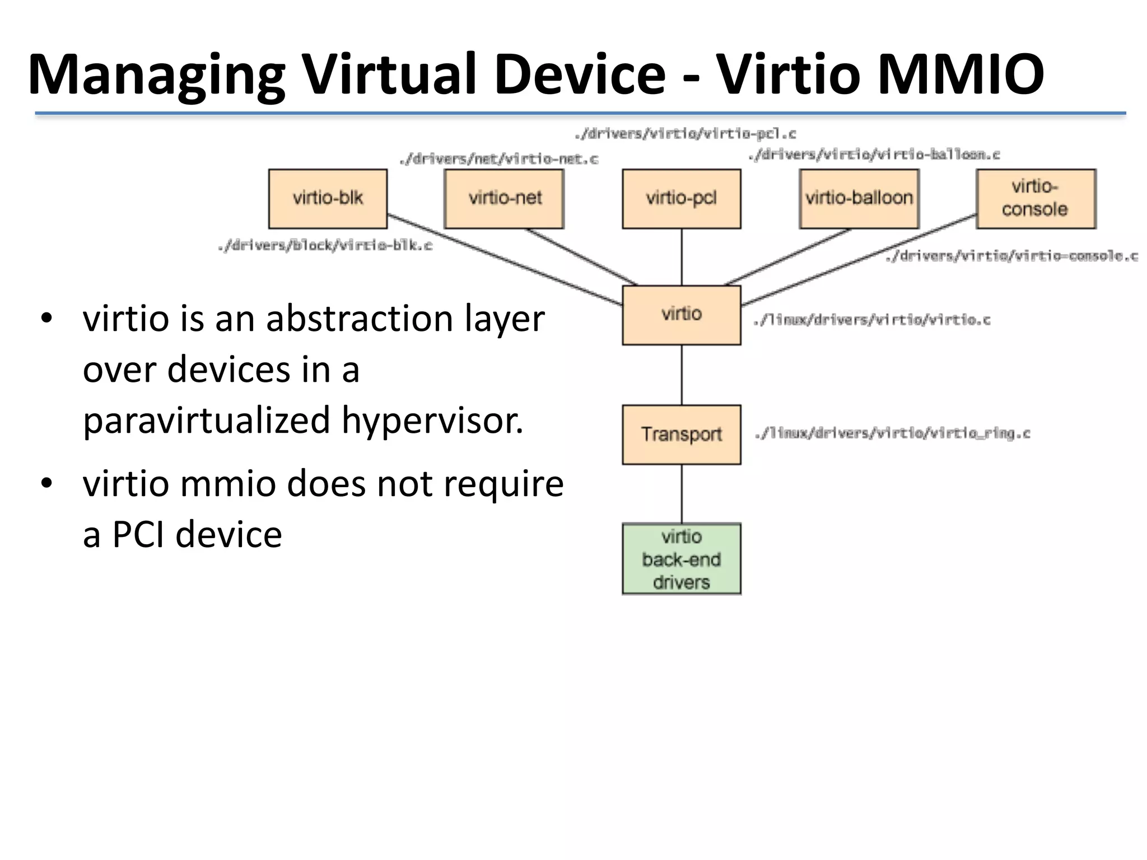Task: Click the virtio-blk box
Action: (328, 199)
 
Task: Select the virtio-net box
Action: (504, 199)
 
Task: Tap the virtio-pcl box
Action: (681, 199)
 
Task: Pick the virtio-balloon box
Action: (859, 199)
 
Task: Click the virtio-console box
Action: (1036, 199)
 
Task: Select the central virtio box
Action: (681, 315)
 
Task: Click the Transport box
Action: (681, 434)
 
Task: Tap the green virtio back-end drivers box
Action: (681, 559)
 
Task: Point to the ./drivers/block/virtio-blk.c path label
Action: (325, 246)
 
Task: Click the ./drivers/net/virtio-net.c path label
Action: (498, 160)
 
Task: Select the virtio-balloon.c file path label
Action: (874, 155)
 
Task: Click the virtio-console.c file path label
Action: (1011, 256)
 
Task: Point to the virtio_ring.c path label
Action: (892, 433)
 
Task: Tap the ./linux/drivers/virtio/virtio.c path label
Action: (872, 320)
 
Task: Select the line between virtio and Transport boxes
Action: (682, 375)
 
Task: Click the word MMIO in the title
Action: (960, 74)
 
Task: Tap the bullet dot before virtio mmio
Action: (46, 483)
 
